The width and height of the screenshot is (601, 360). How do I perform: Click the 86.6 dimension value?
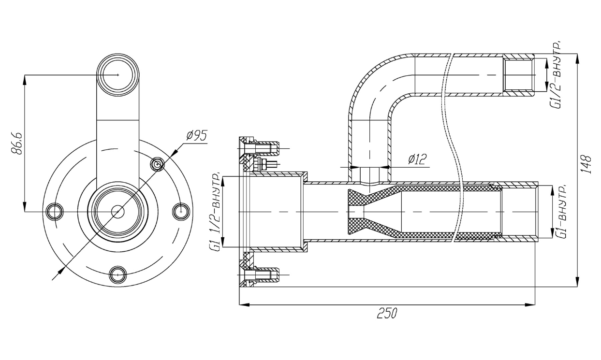pos(16,144)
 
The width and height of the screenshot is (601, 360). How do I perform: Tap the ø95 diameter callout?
pos(197,136)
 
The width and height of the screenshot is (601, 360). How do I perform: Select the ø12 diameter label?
pos(417,159)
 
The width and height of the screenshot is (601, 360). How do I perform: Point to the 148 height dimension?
pos(587,164)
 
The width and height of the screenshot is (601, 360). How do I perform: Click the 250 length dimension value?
pos(387,313)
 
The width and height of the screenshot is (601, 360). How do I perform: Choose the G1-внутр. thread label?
pos(561,211)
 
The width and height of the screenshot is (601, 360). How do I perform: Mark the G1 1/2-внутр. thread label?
pos(216,211)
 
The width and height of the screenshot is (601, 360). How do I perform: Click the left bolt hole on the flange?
pos(55,212)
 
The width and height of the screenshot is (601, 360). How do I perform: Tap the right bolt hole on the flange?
pos(181,212)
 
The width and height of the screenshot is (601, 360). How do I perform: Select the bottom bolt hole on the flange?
pos(118,275)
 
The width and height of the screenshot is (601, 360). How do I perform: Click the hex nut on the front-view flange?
pos(158,164)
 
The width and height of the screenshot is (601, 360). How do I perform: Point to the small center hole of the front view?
pos(118,212)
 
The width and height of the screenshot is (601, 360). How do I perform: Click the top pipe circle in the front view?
pos(118,75)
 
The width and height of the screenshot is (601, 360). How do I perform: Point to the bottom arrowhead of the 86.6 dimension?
pos(24,206)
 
